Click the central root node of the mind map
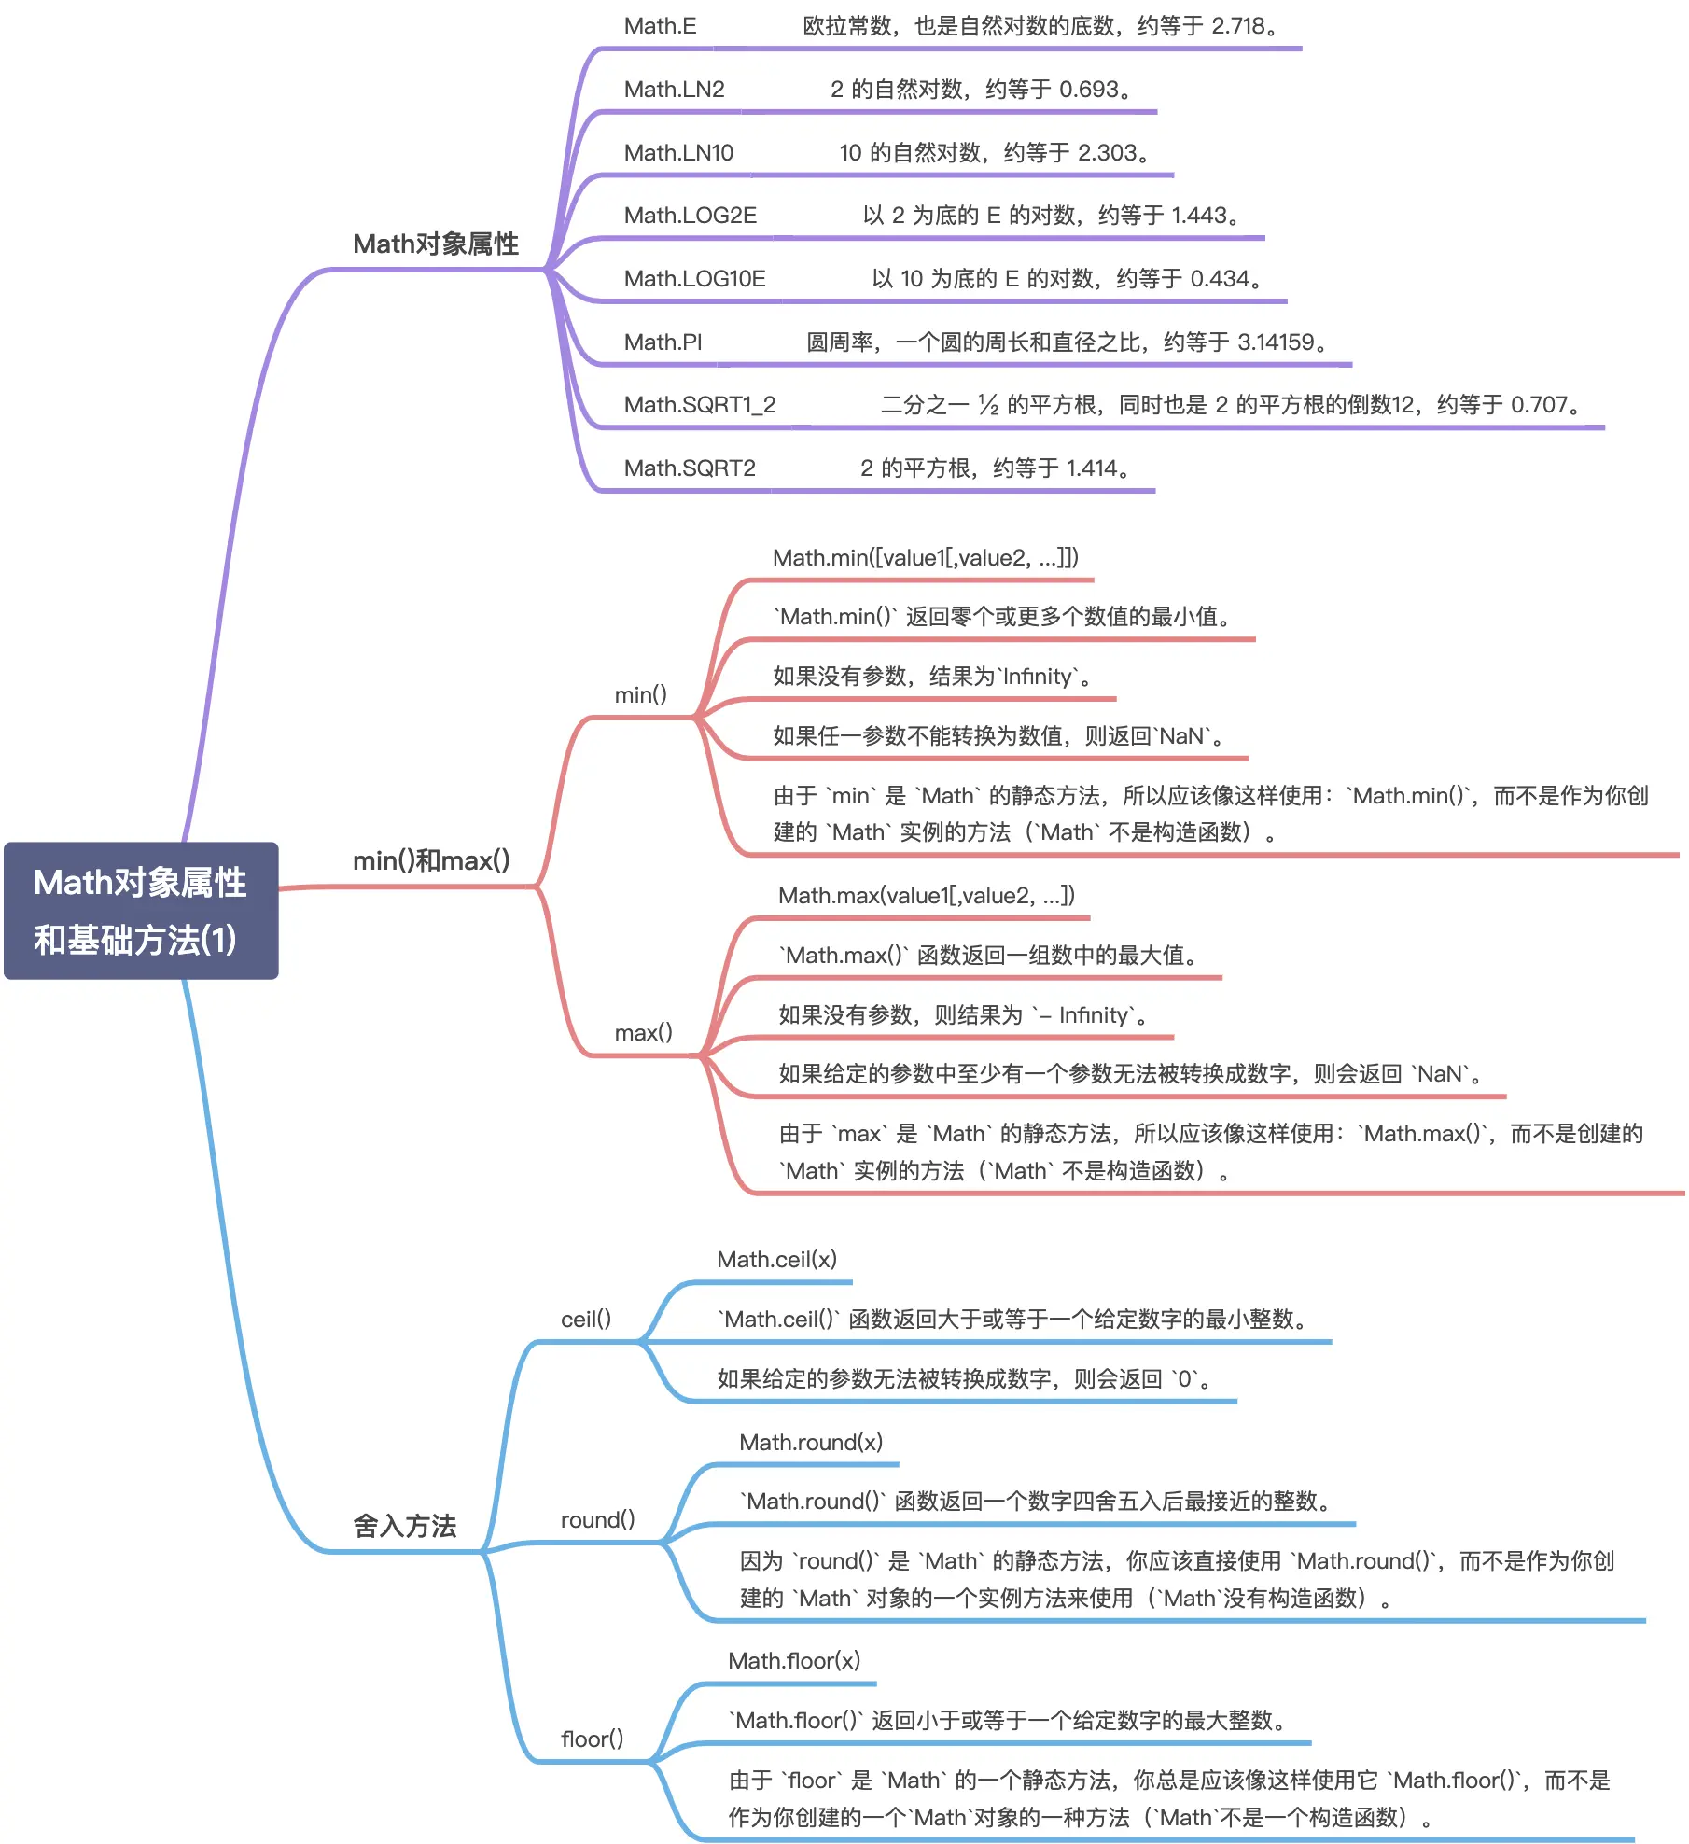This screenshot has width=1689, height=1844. pos(141,910)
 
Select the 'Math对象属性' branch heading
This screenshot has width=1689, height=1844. pos(436,244)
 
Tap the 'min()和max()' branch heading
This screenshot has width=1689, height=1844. pos(431,860)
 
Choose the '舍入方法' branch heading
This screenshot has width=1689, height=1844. pos(405,1526)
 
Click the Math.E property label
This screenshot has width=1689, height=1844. pos(660,26)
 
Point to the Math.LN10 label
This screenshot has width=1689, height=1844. pos(678,153)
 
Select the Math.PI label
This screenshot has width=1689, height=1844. pos(663,342)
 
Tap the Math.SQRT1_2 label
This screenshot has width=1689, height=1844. pos(700,405)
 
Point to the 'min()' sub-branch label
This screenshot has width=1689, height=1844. pos(641,694)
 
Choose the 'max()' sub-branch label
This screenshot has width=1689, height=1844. pos(644,1032)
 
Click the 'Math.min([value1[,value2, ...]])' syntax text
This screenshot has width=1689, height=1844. pos(926,558)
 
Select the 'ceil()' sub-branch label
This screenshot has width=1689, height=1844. pos(586,1319)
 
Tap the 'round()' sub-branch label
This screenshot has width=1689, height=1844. pos(597,1519)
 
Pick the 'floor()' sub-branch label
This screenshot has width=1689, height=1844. pos(593,1739)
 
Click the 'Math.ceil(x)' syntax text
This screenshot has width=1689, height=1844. pos(777,1260)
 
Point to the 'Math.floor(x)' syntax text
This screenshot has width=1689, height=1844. pos(794,1661)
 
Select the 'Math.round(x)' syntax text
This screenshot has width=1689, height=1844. pos(811,1443)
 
